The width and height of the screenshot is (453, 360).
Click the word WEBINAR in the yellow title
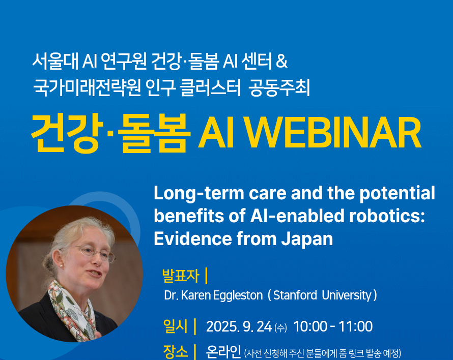[333, 133]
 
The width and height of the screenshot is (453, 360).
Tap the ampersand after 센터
[281, 61]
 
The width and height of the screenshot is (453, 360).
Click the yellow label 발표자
[181, 276]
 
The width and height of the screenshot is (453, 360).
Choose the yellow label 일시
[176, 326]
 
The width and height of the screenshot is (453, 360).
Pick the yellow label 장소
[176, 352]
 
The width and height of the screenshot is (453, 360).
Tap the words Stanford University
[322, 295]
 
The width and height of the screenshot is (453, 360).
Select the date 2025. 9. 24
[239, 326]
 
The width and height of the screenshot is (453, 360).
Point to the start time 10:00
[310, 326]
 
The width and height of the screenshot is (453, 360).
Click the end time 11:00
[355, 326]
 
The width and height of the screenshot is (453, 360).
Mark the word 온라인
[223, 352]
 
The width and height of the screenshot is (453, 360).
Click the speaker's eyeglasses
[94, 252]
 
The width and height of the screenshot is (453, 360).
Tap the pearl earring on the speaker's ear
[61, 265]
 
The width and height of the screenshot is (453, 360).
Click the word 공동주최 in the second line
[279, 87]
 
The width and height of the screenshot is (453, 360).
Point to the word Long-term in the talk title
[199, 193]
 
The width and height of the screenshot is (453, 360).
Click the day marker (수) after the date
[280, 327]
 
